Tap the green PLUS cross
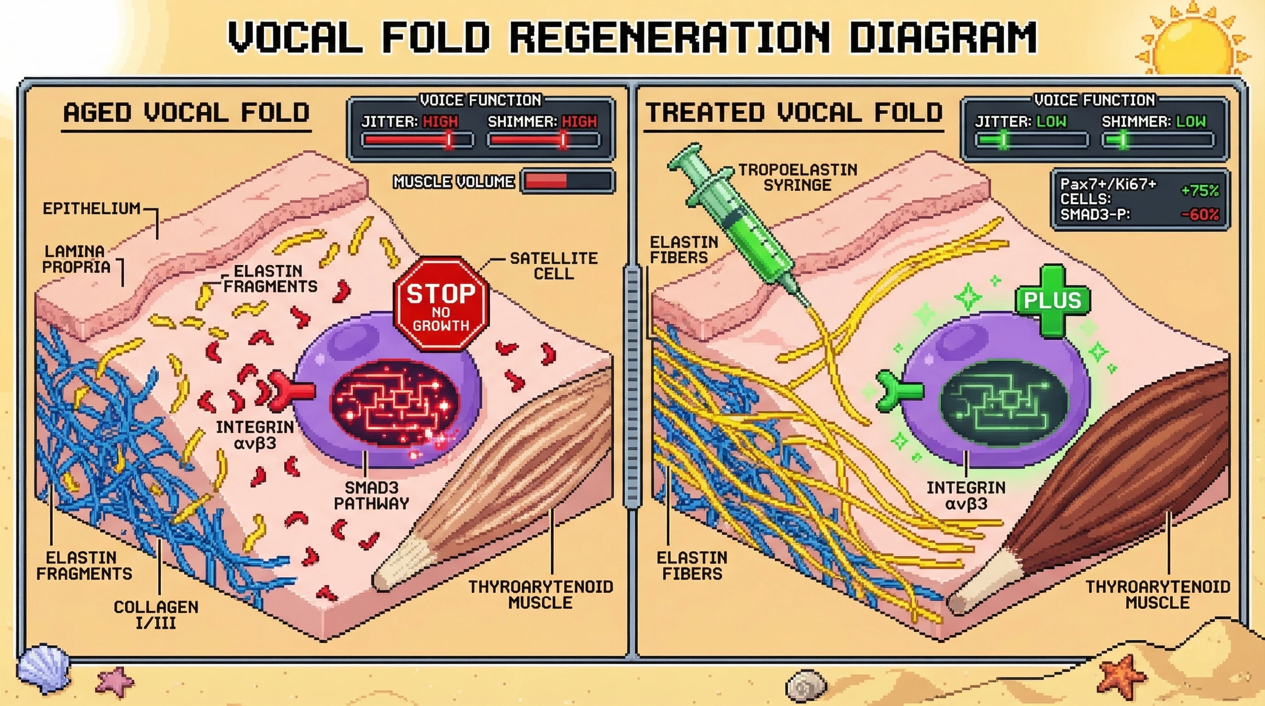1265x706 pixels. pyautogui.click(x=1052, y=301)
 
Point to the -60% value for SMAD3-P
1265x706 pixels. pyautogui.click(x=1200, y=215)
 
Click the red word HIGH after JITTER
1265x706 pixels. pyautogui.click(x=440, y=122)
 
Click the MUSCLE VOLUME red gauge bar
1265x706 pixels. pyautogui.click(x=567, y=181)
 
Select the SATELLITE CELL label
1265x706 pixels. pyautogui.click(x=553, y=266)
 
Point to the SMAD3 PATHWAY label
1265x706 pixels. pyautogui.click(x=371, y=495)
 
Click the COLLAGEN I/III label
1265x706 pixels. pyautogui.click(x=156, y=615)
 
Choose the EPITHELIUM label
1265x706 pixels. pyautogui.click(x=91, y=209)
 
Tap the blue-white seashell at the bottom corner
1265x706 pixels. pyautogui.click(x=43, y=668)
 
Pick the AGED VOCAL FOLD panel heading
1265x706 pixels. pyautogui.click(x=186, y=113)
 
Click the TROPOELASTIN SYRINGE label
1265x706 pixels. pyautogui.click(x=798, y=177)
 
